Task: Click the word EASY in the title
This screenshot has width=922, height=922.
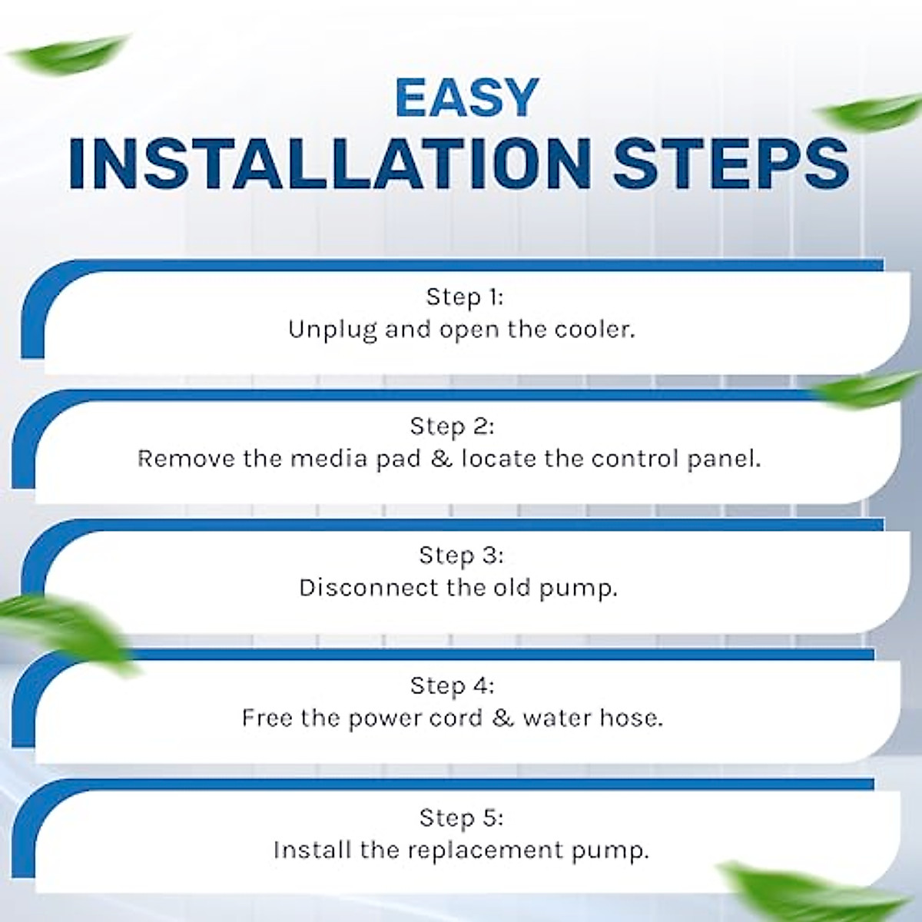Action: tap(466, 98)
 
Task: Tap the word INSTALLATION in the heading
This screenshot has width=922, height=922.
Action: tap(329, 164)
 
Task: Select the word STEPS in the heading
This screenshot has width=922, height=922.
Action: tap(731, 164)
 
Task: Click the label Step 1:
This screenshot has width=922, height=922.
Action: tap(464, 297)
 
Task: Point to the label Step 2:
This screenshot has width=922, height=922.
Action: tap(452, 426)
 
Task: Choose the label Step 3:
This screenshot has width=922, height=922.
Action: tap(461, 555)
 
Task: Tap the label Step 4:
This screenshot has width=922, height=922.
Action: tap(452, 685)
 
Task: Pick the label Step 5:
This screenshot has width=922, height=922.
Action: tap(461, 817)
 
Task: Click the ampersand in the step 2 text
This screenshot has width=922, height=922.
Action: tap(441, 459)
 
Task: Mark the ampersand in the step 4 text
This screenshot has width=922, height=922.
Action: tap(502, 718)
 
